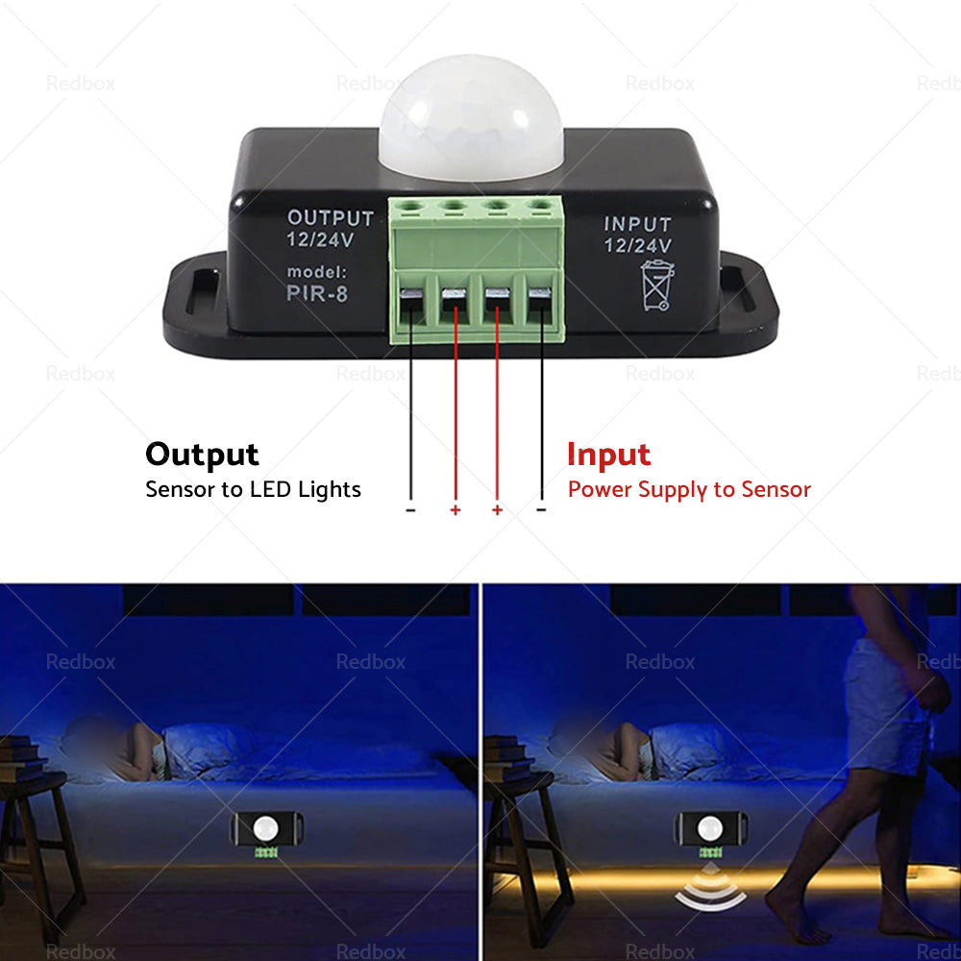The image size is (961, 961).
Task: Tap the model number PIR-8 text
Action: coord(317,294)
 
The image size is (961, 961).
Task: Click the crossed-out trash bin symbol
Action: coord(657,285)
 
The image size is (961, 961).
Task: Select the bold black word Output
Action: coord(202,454)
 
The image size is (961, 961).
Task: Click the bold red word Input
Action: coord(608,454)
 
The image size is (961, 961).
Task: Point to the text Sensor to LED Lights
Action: coord(253,489)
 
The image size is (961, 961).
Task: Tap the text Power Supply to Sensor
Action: coord(689,489)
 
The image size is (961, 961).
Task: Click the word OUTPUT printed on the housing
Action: coord(331,219)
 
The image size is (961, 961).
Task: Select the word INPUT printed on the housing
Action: coord(637,225)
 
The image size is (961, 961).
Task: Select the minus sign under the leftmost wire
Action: coord(410,509)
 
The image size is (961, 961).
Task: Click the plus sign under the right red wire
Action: coord(497,509)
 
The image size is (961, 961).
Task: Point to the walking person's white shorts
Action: coord(884,711)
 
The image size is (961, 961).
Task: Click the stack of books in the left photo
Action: coord(21,758)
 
